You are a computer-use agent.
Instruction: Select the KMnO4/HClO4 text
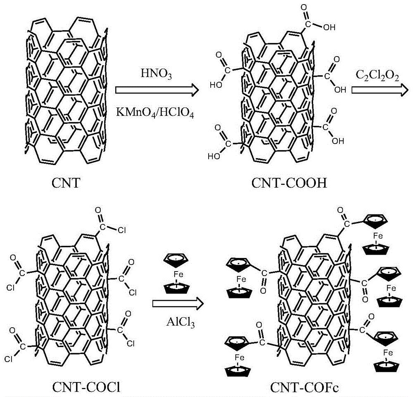(x=155, y=113)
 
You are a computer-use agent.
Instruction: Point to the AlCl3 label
(x=180, y=322)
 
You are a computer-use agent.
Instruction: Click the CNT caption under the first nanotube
(x=66, y=183)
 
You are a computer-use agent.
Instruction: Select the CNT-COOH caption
(x=289, y=183)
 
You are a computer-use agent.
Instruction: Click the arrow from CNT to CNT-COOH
(x=157, y=90)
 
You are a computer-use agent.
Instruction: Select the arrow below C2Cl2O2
(x=380, y=90)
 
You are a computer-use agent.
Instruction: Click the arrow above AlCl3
(x=178, y=304)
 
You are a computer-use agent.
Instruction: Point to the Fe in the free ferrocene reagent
(x=178, y=274)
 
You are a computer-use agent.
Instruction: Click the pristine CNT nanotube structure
(x=66, y=91)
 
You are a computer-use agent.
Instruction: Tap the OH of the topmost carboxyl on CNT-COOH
(x=329, y=27)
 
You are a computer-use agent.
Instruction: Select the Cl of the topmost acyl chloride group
(x=122, y=230)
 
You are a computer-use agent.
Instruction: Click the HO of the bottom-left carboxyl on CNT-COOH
(x=214, y=156)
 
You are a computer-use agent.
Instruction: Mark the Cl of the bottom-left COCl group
(x=8, y=359)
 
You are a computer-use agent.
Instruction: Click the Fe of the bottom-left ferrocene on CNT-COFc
(x=240, y=357)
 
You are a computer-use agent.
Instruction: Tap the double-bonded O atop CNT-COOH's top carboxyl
(x=304, y=7)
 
